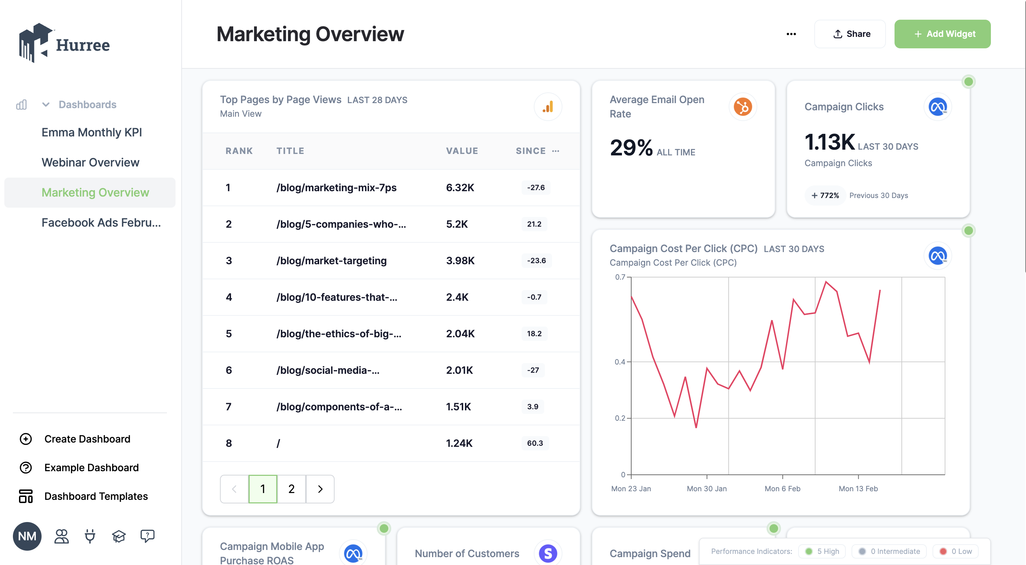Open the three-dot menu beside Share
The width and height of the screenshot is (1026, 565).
point(791,34)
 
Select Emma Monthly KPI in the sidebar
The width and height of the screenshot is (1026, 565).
point(92,132)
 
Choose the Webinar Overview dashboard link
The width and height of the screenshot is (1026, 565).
point(90,163)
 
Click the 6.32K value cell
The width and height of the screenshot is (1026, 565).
point(460,188)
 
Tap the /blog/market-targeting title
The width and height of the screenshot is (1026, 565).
point(331,260)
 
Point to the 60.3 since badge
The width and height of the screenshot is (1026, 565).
point(534,443)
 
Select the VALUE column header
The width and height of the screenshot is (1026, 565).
point(462,151)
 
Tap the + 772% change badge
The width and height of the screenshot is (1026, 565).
point(825,195)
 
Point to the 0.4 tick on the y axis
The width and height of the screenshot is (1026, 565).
point(620,362)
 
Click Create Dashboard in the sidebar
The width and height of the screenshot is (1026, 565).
point(87,439)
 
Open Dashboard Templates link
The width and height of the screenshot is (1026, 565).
point(96,496)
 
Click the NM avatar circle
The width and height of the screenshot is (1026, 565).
point(27,536)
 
